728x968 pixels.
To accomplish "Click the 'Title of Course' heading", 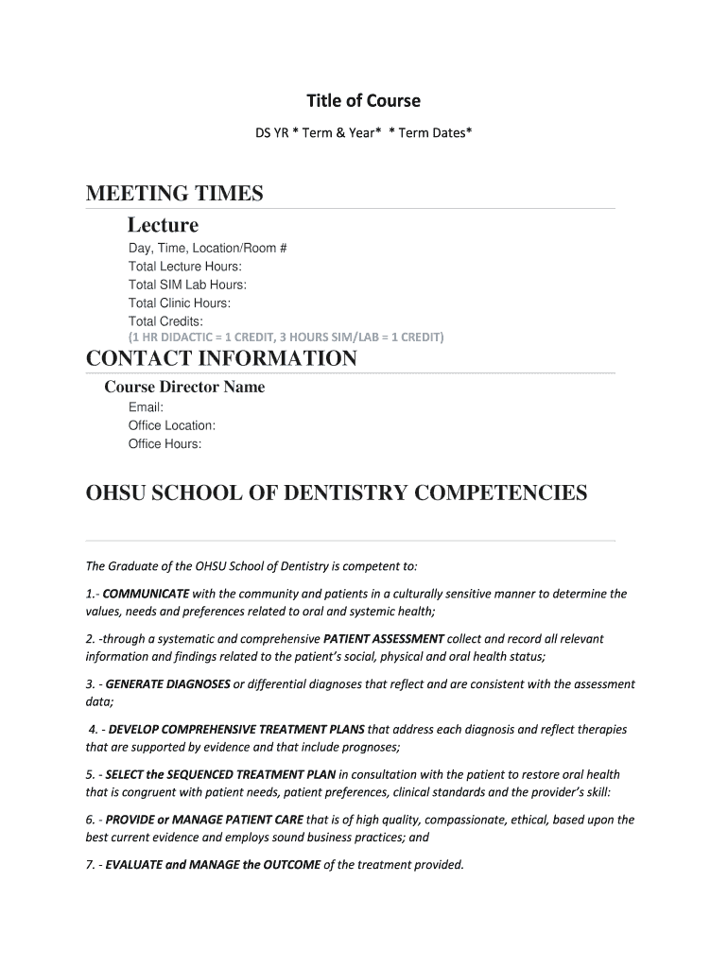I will (363, 101).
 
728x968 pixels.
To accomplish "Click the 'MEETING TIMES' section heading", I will (174, 194).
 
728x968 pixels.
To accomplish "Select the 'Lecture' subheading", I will (163, 225).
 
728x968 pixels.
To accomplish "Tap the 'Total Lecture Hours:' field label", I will (185, 267).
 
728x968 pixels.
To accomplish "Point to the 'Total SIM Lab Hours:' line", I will (187, 285).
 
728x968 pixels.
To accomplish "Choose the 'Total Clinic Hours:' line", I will (180, 302).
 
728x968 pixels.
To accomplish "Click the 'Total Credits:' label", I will (166, 321).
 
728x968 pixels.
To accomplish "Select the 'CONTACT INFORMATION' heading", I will (221, 359).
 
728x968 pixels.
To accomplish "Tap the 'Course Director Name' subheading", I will (184, 387).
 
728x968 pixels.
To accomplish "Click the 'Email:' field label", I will (146, 407).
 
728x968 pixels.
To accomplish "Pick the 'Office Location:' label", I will (172, 425).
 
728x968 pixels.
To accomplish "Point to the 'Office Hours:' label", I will (165, 443).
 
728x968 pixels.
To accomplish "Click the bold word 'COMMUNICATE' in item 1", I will (146, 595).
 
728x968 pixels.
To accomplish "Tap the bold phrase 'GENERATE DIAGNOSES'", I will (167, 684).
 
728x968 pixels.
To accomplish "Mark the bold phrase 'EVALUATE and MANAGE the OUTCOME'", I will (213, 865).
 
